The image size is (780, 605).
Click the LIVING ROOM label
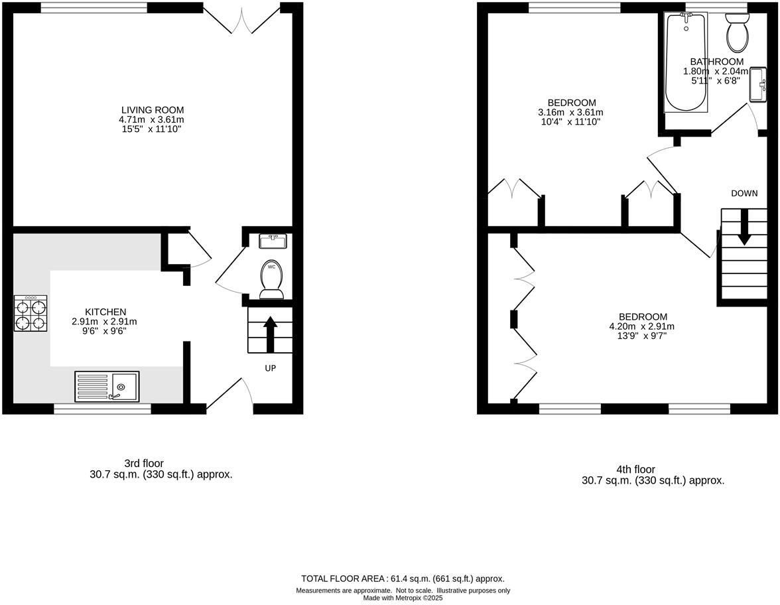(153, 110)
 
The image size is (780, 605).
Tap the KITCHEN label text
(105, 312)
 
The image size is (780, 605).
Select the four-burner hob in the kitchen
(31, 314)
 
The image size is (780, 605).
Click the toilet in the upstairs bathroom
(737, 34)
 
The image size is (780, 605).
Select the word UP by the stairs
(271, 368)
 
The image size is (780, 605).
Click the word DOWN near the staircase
(744, 194)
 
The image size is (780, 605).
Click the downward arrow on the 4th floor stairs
(744, 228)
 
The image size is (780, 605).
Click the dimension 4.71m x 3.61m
(152, 119)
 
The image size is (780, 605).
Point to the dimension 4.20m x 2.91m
(642, 326)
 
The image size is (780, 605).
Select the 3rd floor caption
(143, 463)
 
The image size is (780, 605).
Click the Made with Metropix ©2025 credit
(403, 598)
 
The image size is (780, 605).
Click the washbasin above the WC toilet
(273, 241)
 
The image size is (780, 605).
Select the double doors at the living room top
(241, 20)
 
